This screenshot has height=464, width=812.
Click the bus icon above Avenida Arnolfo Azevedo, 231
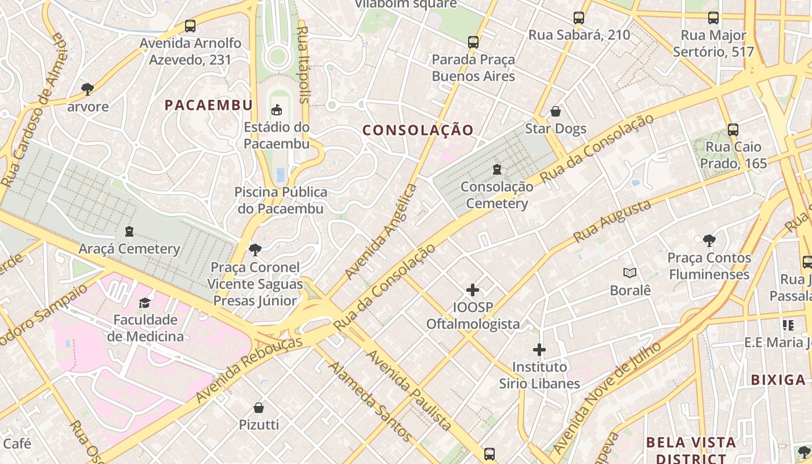(190, 26)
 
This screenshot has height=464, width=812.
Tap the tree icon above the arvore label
(88, 89)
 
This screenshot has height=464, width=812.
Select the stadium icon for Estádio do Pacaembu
(277, 110)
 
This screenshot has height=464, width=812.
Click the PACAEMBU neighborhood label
(208, 105)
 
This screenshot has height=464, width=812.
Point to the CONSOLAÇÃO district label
(418, 130)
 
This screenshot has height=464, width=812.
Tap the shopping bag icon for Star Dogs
(556, 111)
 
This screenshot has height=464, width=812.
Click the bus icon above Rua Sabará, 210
(578, 18)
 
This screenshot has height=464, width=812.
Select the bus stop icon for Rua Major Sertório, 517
(713, 18)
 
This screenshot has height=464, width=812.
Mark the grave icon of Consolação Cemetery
(497, 170)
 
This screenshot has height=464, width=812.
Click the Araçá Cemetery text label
(129, 249)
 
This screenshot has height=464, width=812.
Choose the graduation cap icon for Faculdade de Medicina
(144, 303)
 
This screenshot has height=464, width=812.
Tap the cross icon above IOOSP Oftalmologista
(473, 290)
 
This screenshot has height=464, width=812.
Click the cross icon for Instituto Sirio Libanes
(539, 350)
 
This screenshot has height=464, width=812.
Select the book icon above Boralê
(630, 273)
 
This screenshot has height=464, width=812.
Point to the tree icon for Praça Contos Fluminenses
(709, 241)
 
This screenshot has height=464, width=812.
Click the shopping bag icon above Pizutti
(259, 408)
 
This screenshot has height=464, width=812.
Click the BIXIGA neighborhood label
(778, 380)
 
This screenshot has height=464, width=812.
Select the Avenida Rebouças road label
(249, 369)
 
